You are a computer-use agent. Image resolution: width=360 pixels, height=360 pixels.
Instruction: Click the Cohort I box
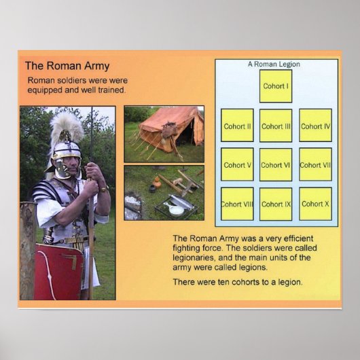(x=275, y=86)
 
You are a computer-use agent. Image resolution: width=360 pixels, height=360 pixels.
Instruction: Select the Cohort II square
(x=237, y=126)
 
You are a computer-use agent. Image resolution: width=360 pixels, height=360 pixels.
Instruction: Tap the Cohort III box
(x=276, y=126)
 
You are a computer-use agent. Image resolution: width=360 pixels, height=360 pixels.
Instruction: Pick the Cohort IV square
(x=315, y=126)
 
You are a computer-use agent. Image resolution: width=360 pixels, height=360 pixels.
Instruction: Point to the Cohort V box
(x=237, y=164)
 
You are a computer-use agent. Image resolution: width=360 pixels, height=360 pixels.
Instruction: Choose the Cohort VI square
(x=276, y=164)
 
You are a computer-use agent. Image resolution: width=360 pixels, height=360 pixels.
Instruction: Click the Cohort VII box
(x=315, y=164)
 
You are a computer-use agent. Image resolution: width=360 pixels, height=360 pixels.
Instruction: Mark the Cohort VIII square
(x=237, y=204)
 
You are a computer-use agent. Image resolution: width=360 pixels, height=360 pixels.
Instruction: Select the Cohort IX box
(x=276, y=204)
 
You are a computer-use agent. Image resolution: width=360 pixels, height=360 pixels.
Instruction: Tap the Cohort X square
(x=315, y=204)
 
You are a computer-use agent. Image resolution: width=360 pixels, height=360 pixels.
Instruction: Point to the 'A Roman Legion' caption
(x=274, y=65)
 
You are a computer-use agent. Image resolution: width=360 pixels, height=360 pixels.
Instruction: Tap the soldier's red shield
(x=57, y=272)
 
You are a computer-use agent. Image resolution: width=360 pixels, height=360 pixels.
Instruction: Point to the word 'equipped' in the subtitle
(x=46, y=90)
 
